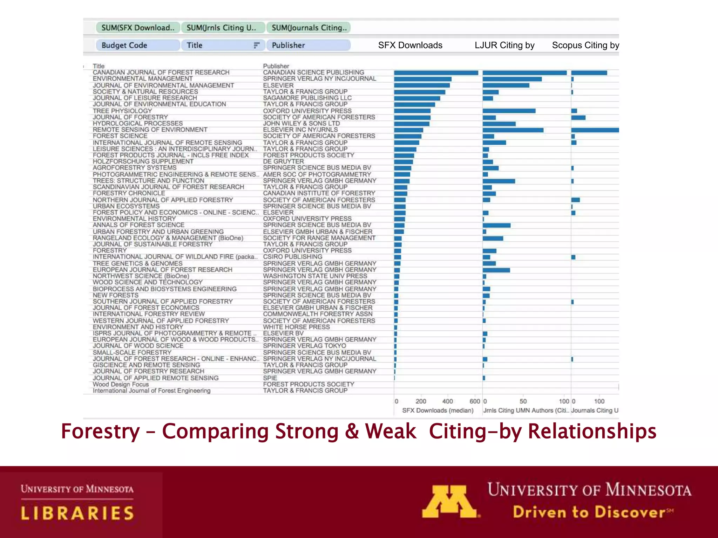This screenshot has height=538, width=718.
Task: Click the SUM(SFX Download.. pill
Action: click(138, 28)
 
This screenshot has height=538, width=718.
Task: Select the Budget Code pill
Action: click(137, 45)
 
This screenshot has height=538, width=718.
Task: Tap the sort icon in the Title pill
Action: click(257, 45)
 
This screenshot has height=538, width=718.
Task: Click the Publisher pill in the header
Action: click(308, 45)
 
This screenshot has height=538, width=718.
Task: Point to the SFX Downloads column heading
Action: click(410, 45)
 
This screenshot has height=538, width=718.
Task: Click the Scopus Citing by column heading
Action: click(585, 45)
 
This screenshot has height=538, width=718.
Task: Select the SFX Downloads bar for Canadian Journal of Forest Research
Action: click(436, 73)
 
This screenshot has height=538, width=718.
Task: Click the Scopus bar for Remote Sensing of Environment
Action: click(595, 130)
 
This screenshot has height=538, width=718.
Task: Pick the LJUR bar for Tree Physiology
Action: click(509, 111)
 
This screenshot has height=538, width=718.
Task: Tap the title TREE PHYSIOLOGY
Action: click(122, 111)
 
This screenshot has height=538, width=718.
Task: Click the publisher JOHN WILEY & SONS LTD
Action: click(301, 124)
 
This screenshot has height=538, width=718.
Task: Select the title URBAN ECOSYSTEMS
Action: click(126, 206)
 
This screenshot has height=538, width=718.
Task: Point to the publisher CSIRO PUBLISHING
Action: click(292, 257)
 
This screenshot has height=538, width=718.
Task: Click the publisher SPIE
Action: click(270, 378)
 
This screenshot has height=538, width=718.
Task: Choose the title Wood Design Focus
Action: click(121, 385)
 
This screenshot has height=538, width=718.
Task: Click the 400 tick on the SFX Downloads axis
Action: click(447, 401)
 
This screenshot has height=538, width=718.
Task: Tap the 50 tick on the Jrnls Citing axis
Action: click(523, 401)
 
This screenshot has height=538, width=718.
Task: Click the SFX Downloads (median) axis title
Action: click(438, 411)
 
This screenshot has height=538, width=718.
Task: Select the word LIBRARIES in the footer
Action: click(77, 513)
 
